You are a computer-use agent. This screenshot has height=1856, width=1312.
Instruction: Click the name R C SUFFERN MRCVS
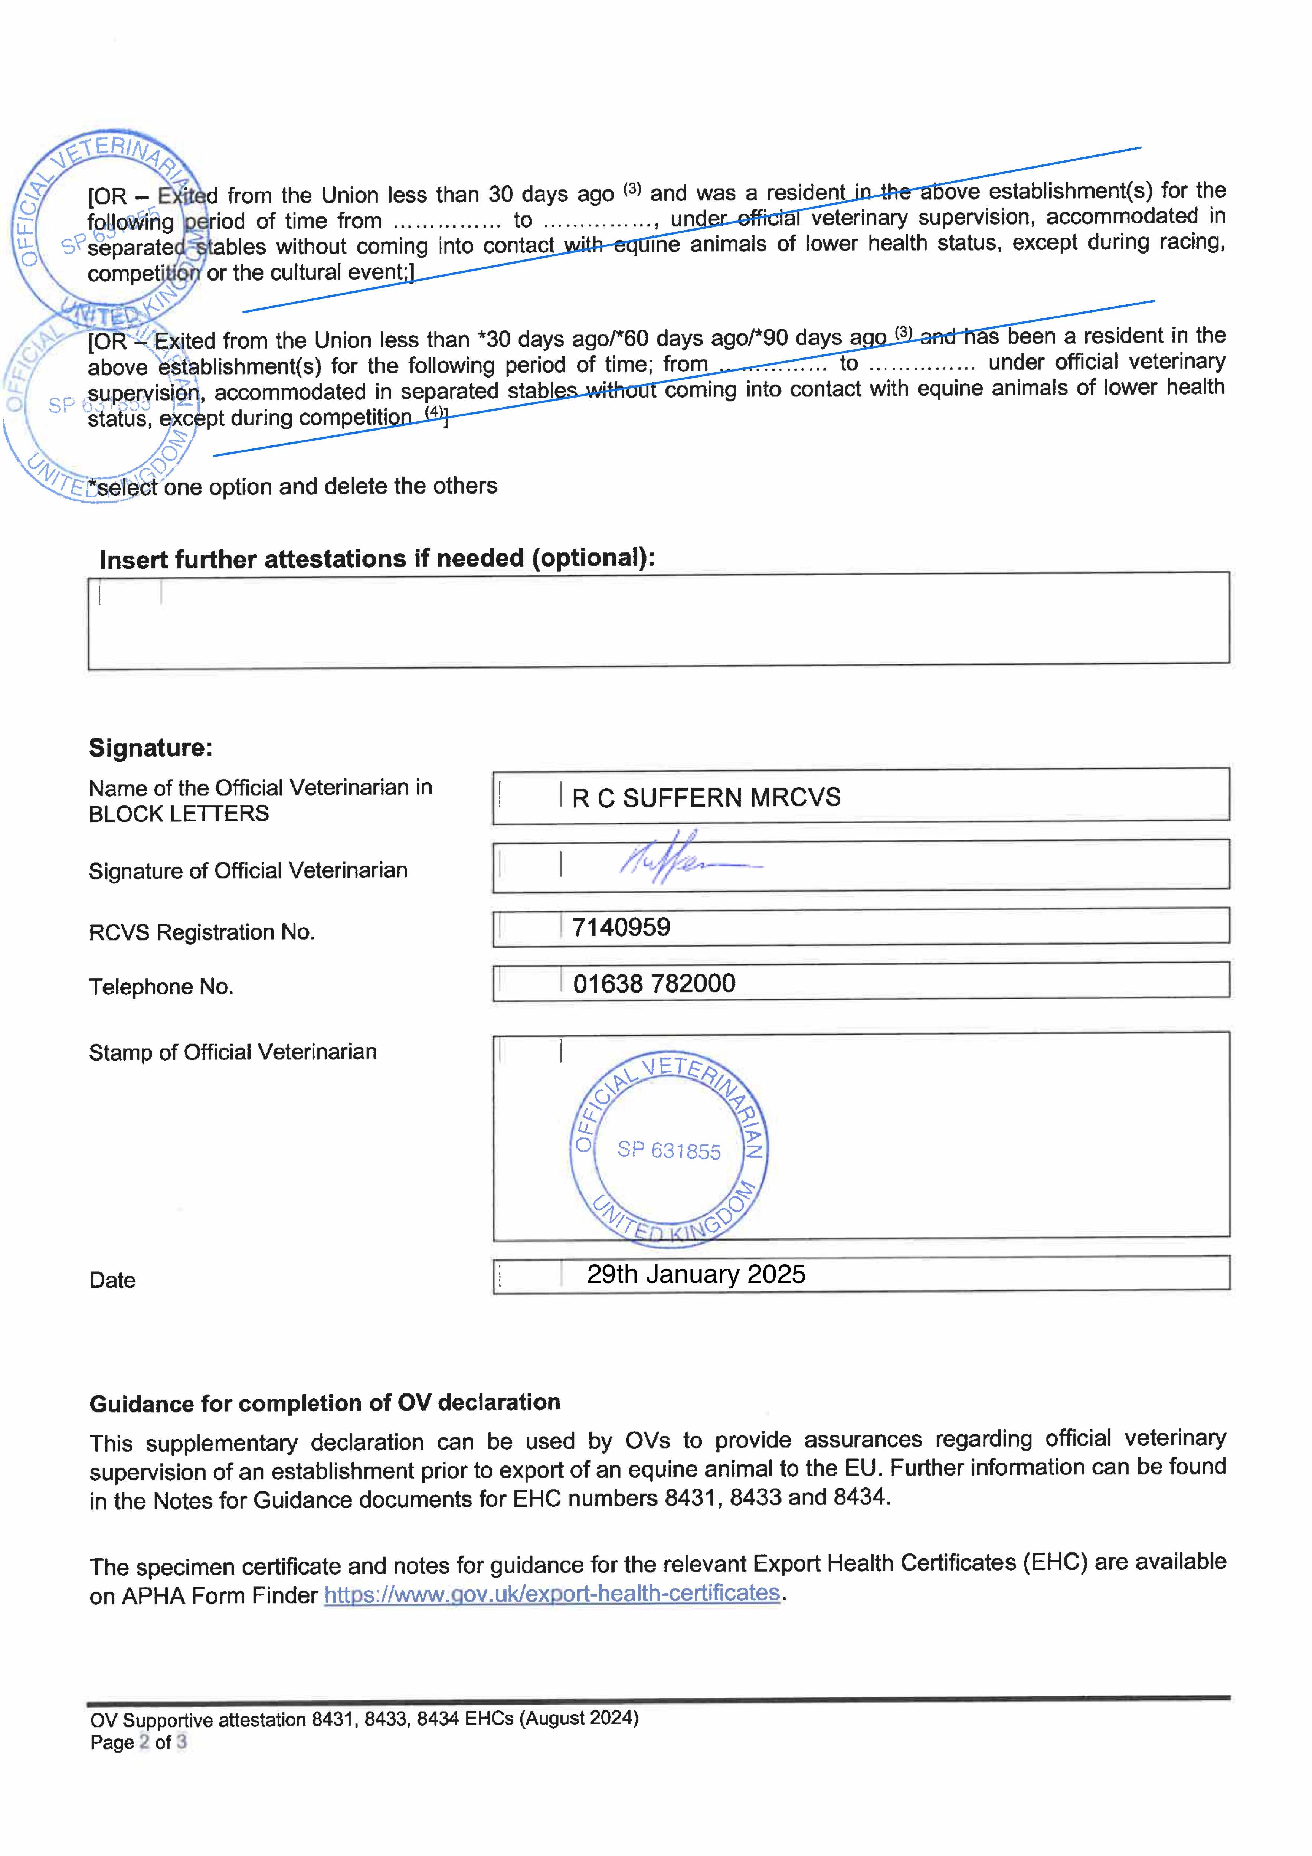click(x=706, y=798)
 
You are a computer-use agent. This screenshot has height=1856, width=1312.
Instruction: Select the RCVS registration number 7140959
click(x=621, y=927)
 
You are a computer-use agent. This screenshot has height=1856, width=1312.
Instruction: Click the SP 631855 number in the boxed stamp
click(x=668, y=1150)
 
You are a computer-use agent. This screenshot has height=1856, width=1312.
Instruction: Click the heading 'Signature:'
click(x=150, y=748)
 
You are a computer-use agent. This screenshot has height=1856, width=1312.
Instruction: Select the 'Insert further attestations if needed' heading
click(x=377, y=559)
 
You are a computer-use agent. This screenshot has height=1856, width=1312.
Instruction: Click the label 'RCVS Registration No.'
click(x=201, y=933)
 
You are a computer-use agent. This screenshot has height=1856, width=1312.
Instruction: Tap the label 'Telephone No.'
click(x=161, y=987)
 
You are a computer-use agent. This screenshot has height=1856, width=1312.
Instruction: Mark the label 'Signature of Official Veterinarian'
click(x=247, y=870)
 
